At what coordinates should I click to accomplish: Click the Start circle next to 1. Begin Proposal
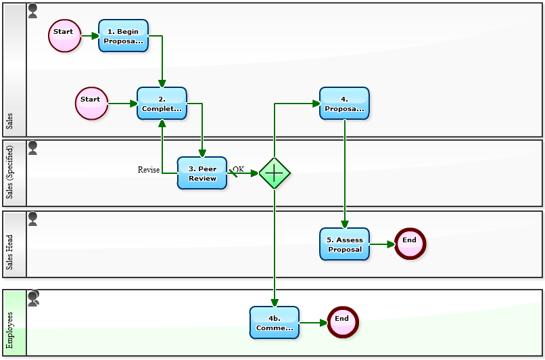(64, 35)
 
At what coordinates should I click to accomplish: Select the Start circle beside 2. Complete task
(91, 103)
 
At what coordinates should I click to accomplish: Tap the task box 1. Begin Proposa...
(123, 36)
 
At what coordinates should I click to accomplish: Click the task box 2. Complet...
(162, 104)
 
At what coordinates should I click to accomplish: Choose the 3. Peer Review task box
(202, 173)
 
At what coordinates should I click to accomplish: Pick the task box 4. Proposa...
(344, 104)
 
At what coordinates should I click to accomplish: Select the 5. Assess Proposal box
(344, 244)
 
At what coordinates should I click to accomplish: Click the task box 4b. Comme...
(274, 323)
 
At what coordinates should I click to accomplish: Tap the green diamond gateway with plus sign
(275, 173)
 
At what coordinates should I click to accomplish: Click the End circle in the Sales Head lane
(410, 244)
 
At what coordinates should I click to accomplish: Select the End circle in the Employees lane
(342, 322)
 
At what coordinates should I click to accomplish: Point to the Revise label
(148, 170)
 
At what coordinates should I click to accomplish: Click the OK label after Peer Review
(238, 169)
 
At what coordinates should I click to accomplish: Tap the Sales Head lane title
(9, 252)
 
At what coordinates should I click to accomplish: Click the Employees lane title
(9, 330)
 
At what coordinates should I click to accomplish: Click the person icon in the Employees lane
(33, 298)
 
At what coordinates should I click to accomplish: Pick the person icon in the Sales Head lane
(32, 219)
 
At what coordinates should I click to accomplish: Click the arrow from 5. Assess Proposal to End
(382, 244)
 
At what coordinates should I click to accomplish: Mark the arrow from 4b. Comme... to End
(313, 323)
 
